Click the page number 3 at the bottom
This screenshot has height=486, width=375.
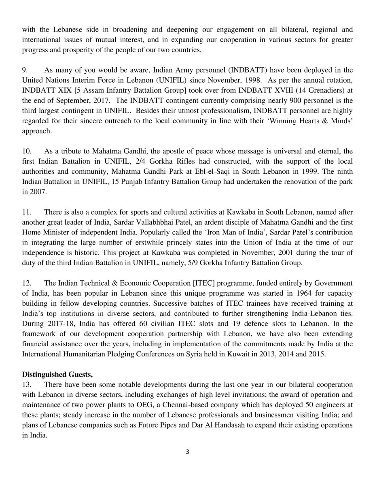pyautogui.click(x=187, y=463)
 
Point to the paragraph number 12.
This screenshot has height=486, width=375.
pyautogui.click(x=26, y=282)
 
